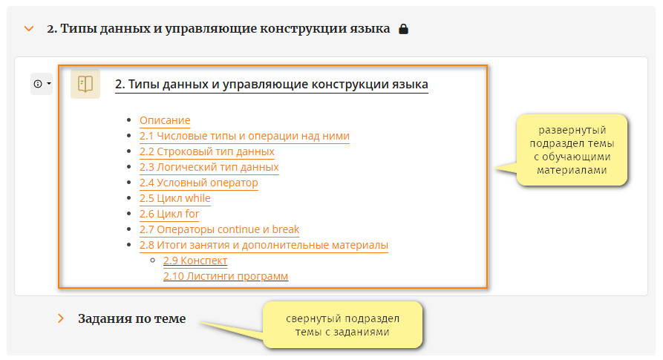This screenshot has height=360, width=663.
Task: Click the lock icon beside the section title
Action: [403, 29]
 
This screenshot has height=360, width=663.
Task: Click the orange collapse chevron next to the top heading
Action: [29, 29]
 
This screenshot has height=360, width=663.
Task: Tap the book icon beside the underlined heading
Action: [85, 84]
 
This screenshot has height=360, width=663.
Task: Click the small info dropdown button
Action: [42, 84]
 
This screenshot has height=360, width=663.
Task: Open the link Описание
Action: [165, 120]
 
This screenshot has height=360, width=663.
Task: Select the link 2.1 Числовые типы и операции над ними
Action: [244, 136]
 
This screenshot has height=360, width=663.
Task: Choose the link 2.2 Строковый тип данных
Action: [206, 151]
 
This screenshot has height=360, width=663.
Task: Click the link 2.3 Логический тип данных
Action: [209, 167]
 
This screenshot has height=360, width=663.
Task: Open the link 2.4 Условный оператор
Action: [199, 183]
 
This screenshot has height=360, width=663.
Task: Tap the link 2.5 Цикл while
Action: [175, 199]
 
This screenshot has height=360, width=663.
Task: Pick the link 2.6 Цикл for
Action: [169, 215]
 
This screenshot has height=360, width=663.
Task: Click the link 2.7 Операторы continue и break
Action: [219, 229]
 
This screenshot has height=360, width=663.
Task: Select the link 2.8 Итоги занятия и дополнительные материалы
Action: [264, 245]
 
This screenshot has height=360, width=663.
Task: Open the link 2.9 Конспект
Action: [195, 261]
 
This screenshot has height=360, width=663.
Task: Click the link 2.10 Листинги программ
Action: [226, 276]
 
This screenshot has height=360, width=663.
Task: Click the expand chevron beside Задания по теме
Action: [61, 318]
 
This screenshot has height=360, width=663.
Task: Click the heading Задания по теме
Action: [131, 318]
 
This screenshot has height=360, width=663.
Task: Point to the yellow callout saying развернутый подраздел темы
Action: [571, 150]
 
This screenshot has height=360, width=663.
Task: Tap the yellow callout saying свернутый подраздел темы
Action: [342, 325]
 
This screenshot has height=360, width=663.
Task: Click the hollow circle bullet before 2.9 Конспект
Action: [153, 261]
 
